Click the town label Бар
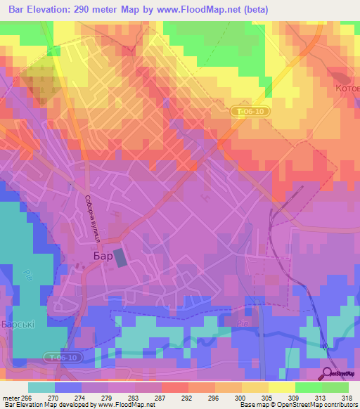(103, 257)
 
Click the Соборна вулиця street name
(92, 220)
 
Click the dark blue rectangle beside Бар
(121, 257)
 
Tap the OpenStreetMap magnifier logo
(328, 373)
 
